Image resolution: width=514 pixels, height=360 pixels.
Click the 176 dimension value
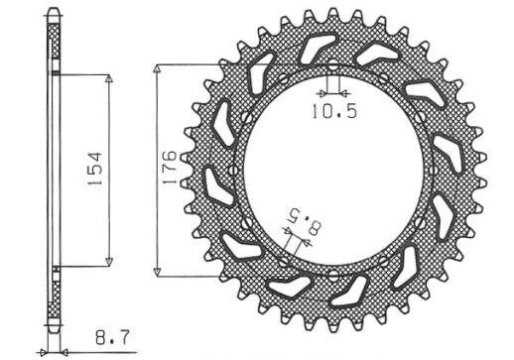(x=169, y=170)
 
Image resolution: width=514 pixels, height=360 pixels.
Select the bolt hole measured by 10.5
(x=332, y=80)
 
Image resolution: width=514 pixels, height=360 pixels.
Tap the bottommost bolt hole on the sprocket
(x=332, y=273)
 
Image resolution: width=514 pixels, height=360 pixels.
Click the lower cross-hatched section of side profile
(x=54, y=298)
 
